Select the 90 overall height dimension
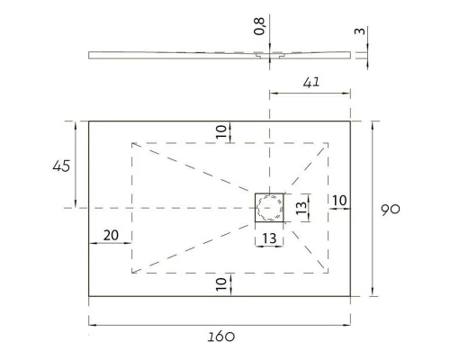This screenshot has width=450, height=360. [391, 209]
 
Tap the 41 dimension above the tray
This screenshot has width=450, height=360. [310, 82]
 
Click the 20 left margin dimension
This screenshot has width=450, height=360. [112, 235]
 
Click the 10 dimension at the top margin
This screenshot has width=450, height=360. [221, 130]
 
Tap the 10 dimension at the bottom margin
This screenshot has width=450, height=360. [221, 284]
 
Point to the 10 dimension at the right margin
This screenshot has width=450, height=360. [339, 200]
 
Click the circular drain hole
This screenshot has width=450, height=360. [269, 209]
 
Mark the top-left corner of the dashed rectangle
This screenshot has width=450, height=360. [132, 142]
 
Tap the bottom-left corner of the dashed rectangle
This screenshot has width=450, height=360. [132, 273]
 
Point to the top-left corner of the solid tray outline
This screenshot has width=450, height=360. [88, 121]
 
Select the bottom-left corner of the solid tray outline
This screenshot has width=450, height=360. [88, 296]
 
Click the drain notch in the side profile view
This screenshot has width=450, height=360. [269, 55]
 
